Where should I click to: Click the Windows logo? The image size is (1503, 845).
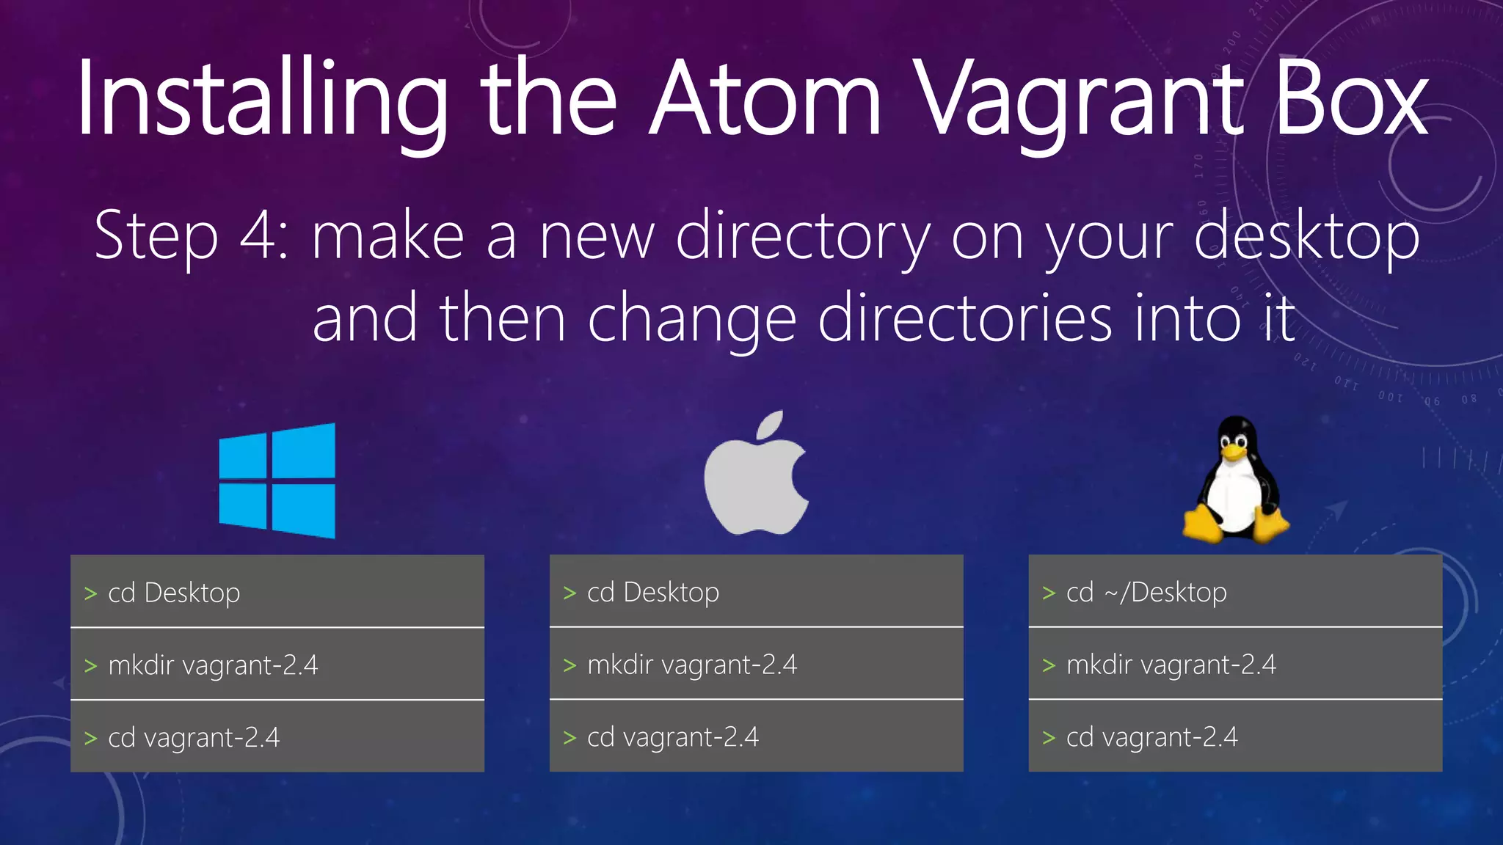click(277, 481)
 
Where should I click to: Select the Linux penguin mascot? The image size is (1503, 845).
click(1236, 480)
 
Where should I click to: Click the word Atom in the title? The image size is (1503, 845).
click(765, 99)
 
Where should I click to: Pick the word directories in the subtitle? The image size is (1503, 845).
click(964, 318)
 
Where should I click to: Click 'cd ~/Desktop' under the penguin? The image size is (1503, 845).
click(1146, 592)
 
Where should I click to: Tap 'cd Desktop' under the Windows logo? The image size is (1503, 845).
click(174, 593)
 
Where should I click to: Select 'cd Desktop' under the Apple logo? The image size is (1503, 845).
click(653, 592)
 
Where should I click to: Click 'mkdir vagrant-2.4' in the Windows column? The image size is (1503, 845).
click(213, 665)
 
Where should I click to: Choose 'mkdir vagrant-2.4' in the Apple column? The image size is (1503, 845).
click(692, 665)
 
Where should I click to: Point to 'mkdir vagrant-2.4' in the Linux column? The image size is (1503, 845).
click(1171, 665)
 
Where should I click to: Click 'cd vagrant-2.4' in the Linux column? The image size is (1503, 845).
click(1152, 737)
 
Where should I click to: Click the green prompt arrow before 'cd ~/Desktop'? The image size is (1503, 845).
click(1049, 593)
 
